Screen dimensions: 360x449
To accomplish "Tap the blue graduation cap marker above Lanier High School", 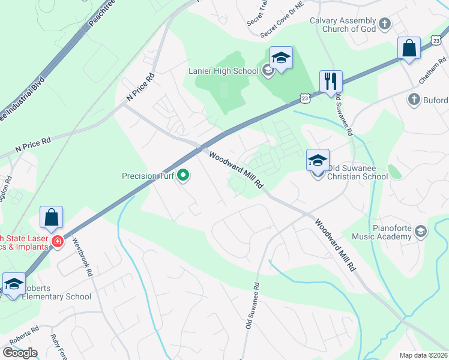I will pyautogui.click(x=281, y=58).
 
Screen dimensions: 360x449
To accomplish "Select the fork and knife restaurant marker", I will pyautogui.click(x=330, y=82).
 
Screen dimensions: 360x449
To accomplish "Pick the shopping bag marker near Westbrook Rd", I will pyautogui.click(x=52, y=218).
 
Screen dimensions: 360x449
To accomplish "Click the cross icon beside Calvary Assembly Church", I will pyautogui.click(x=385, y=24).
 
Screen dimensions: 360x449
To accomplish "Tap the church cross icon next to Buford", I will pyautogui.click(x=414, y=100).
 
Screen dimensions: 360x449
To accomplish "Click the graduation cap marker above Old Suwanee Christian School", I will pyautogui.click(x=318, y=160).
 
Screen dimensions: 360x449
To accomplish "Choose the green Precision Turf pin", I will pyautogui.click(x=184, y=176).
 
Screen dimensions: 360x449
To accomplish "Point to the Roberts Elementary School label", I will pyautogui.click(x=57, y=296).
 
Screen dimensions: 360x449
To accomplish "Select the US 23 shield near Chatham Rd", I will pyautogui.click(x=436, y=40).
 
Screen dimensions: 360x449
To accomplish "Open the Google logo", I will pyautogui.click(x=20, y=353).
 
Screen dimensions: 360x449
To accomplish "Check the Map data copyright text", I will pyautogui.click(x=423, y=355).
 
